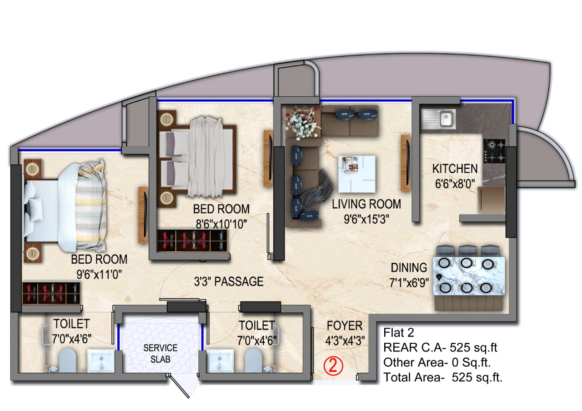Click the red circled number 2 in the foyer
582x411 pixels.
(x=333, y=366)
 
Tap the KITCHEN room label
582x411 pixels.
(x=455, y=169)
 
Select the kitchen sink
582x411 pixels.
(x=439, y=119)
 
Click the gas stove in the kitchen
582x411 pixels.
(x=494, y=151)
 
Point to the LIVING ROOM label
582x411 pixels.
(x=366, y=204)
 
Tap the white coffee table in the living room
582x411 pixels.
(x=357, y=174)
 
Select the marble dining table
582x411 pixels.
(x=469, y=276)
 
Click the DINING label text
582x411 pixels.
(x=409, y=268)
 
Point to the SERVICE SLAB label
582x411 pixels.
(x=161, y=353)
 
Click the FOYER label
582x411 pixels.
(x=345, y=326)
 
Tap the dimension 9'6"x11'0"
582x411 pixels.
(x=99, y=274)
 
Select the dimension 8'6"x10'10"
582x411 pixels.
(x=221, y=224)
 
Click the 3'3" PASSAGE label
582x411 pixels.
(x=229, y=281)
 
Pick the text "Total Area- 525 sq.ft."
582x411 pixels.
(x=443, y=377)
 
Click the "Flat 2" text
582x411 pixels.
(x=399, y=332)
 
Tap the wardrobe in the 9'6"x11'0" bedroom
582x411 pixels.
(x=51, y=293)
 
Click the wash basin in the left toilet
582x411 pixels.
(x=101, y=361)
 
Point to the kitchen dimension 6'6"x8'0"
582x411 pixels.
(x=455, y=184)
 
